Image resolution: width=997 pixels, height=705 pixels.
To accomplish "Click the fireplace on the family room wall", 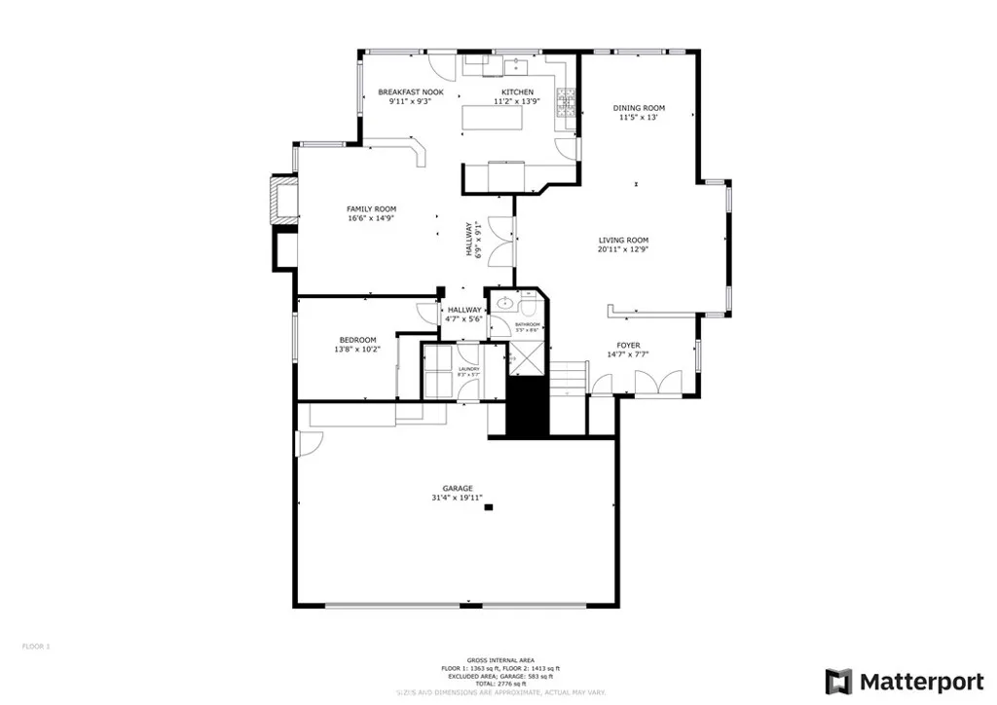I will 283,203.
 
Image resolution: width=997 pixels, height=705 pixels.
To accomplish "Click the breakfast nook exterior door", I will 444,66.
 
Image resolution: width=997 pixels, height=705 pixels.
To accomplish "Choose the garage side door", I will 310,444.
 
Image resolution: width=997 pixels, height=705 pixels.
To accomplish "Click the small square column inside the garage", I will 490,506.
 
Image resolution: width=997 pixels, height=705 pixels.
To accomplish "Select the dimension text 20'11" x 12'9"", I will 623,249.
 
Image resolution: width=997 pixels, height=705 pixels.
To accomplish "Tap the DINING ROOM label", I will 639,108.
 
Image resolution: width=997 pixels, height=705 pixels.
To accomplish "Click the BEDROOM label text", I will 357,339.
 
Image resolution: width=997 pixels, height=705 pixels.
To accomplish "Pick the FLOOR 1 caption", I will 36,646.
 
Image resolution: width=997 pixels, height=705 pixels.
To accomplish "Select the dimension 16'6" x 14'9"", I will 371,218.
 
